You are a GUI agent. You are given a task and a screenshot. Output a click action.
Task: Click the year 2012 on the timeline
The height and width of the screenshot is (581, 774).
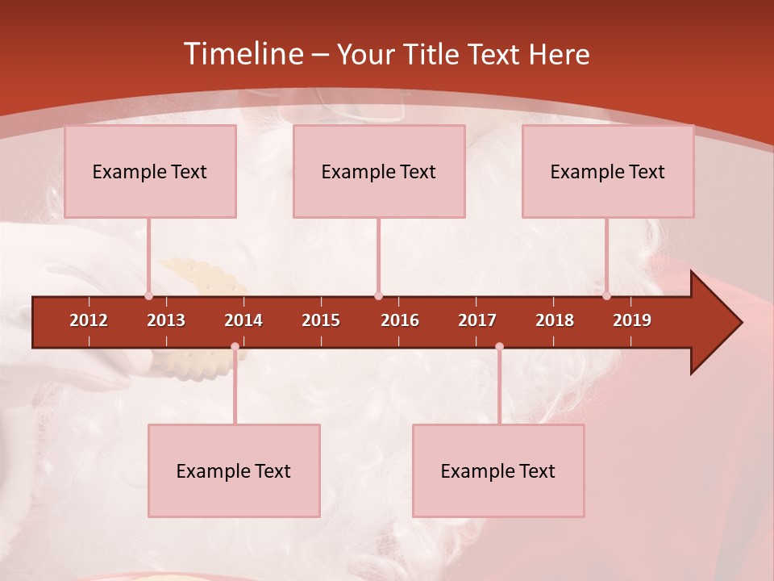click(x=89, y=320)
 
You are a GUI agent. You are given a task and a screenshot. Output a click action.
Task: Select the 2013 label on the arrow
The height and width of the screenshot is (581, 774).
click(x=166, y=320)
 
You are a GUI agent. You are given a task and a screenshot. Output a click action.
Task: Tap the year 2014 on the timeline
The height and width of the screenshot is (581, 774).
click(x=243, y=320)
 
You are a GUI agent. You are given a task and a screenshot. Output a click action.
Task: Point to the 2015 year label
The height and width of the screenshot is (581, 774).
click(x=321, y=320)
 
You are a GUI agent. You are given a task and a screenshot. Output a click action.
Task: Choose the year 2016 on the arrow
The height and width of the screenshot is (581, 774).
click(x=400, y=320)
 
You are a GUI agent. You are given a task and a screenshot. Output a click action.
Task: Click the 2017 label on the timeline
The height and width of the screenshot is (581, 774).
click(x=477, y=320)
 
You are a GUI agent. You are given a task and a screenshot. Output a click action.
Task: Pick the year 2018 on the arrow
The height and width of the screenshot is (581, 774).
click(x=555, y=320)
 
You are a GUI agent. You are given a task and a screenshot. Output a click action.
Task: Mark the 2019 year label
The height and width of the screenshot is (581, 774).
click(x=632, y=320)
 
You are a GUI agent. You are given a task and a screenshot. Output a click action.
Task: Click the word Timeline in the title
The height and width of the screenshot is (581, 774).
click(x=242, y=54)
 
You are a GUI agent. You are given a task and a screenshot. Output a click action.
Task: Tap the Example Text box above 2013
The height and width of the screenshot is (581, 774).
click(x=150, y=171)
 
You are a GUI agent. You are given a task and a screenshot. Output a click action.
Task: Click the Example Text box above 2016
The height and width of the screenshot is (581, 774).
click(x=379, y=171)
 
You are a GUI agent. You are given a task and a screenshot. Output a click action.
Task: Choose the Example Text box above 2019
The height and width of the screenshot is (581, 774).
click(x=608, y=171)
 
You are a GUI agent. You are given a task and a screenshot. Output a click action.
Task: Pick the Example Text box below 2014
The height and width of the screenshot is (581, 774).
click(x=234, y=470)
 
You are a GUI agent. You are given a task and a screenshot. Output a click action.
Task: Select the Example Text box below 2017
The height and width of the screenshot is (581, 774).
click(x=498, y=470)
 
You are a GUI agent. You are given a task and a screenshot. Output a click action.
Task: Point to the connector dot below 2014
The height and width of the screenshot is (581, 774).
click(x=235, y=346)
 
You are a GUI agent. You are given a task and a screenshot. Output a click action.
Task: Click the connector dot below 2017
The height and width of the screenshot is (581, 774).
click(x=499, y=346)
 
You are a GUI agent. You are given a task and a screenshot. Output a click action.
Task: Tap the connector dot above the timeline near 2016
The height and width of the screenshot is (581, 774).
click(x=378, y=295)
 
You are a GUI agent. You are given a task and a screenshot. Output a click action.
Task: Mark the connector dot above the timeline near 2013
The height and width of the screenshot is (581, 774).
click(x=148, y=295)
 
